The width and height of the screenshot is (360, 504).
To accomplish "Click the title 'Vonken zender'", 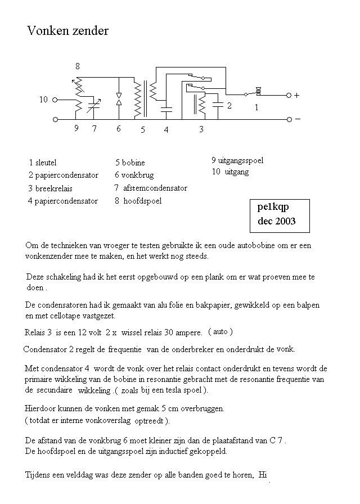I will (x=67, y=31).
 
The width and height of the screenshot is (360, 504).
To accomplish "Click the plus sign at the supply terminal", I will (x=296, y=96).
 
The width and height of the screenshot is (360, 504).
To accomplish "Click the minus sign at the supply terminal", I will (x=298, y=119).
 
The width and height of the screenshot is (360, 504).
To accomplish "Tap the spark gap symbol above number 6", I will (x=119, y=100).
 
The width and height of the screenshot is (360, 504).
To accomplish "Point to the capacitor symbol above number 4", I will (x=166, y=109).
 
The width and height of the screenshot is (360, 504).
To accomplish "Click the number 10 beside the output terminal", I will (x=43, y=100).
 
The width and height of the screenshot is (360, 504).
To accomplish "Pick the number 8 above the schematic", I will (x=78, y=66).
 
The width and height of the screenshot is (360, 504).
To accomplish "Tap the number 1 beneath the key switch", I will (x=256, y=107).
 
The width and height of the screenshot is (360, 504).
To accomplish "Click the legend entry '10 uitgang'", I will (x=230, y=172).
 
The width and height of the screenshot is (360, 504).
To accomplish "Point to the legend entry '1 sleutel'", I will (x=43, y=163).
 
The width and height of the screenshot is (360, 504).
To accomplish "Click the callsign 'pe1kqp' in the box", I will (x=273, y=206).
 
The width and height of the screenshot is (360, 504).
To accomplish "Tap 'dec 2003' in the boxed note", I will (x=276, y=221).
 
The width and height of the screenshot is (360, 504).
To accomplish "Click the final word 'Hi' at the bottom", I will (x=262, y=475).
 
